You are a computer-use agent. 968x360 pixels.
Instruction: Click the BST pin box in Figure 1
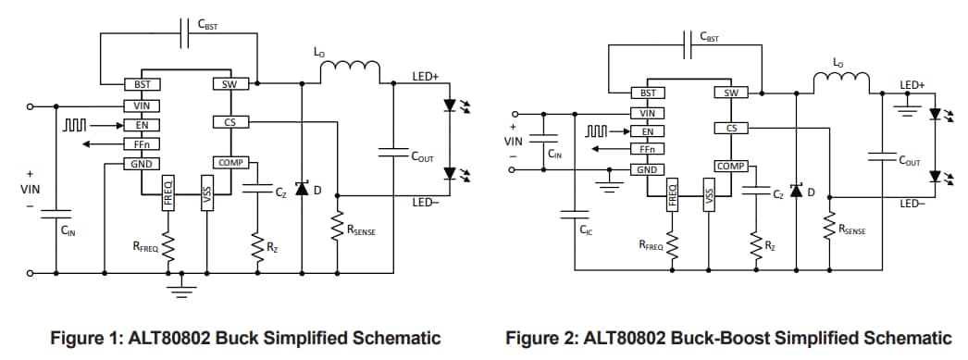click(x=142, y=84)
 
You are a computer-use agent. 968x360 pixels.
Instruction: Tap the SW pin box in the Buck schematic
click(x=230, y=84)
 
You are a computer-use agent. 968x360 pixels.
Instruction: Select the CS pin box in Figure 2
click(x=730, y=128)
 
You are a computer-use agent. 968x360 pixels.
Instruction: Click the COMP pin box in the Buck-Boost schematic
click(x=730, y=166)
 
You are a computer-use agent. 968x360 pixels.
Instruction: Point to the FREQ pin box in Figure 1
click(x=168, y=192)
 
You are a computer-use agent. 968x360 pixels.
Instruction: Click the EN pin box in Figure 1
click(x=142, y=124)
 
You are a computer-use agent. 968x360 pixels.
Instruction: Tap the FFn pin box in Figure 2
click(x=648, y=149)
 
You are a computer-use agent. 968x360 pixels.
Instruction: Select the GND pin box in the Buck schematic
click(x=142, y=164)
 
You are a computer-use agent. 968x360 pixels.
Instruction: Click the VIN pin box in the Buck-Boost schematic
click(x=648, y=113)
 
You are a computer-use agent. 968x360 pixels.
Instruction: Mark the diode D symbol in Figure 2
click(x=795, y=192)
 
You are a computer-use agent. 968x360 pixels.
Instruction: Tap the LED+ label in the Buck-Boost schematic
click(x=912, y=85)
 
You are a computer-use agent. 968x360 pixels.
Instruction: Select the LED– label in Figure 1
click(x=425, y=201)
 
